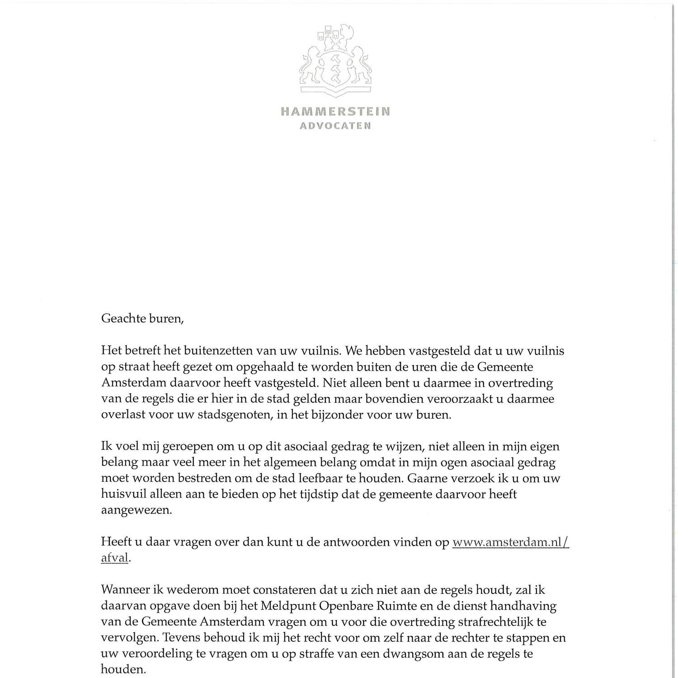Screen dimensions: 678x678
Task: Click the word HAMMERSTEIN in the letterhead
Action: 335,111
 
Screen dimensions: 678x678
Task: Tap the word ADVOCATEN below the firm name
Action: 335,126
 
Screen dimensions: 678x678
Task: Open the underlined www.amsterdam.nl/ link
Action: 510,542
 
